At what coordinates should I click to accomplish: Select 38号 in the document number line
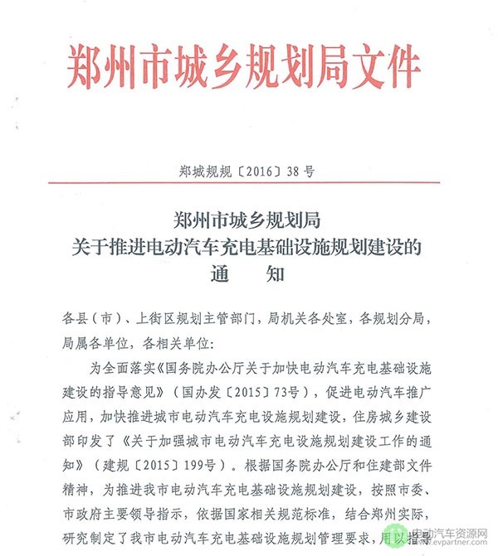click(x=300, y=173)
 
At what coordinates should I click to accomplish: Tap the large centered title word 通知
click(x=248, y=276)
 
